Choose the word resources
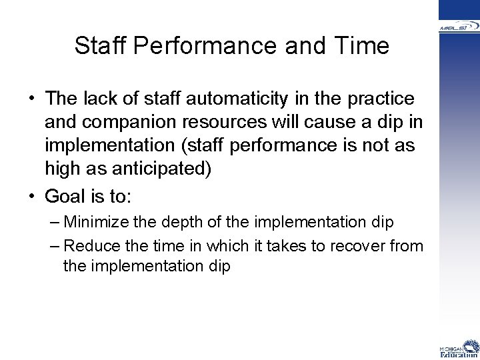(x=226, y=123)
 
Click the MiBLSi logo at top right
(x=459, y=27)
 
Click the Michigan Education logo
(x=459, y=349)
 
